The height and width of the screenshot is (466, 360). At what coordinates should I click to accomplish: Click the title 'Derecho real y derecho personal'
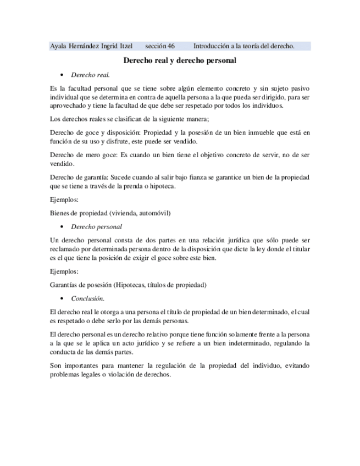tap(179, 60)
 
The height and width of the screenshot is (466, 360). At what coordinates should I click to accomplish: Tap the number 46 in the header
tap(171, 47)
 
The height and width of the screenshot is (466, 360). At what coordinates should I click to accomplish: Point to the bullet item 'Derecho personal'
tap(96, 226)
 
